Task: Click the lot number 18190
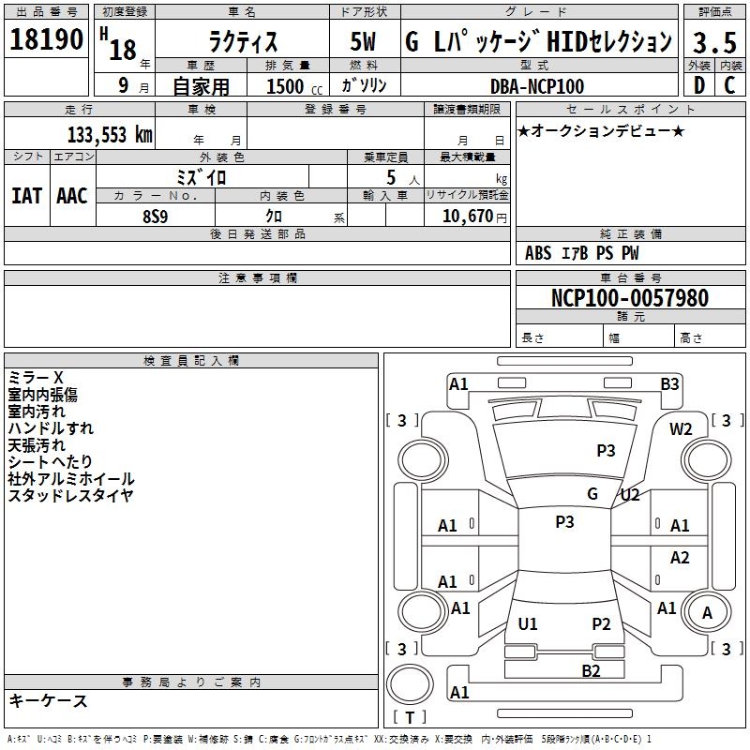(x=46, y=39)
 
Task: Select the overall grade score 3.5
(x=714, y=42)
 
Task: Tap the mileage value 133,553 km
(x=110, y=135)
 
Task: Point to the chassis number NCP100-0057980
(x=630, y=298)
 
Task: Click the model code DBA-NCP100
(x=537, y=86)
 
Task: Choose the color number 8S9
(x=156, y=217)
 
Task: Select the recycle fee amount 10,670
(x=468, y=217)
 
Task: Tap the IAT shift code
(x=27, y=196)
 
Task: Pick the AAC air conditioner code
(x=72, y=196)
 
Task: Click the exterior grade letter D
(x=699, y=85)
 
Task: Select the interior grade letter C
(x=729, y=85)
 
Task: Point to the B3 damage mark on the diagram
(x=669, y=384)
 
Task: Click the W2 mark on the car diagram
(x=681, y=429)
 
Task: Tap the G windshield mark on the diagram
(x=592, y=494)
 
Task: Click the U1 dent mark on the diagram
(x=528, y=623)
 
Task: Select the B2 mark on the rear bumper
(x=591, y=671)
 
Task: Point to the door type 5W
(x=363, y=41)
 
